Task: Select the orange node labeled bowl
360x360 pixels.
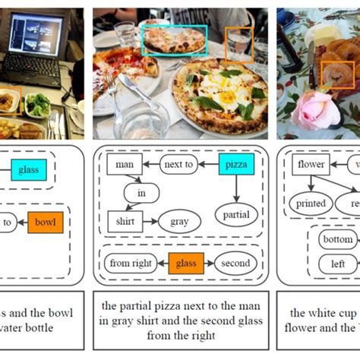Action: (46, 223)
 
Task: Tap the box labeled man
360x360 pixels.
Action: (125, 164)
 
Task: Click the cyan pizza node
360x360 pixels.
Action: (235, 164)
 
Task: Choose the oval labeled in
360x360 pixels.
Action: (141, 194)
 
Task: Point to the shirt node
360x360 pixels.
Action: (125, 222)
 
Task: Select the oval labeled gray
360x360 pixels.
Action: (179, 222)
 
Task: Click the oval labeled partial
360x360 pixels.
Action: (235, 215)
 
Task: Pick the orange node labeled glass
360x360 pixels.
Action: (185, 263)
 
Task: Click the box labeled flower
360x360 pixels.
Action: (311, 164)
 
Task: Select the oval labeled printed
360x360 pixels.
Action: (311, 204)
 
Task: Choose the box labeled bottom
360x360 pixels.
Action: (337, 241)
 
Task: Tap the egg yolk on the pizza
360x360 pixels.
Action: (226, 96)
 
